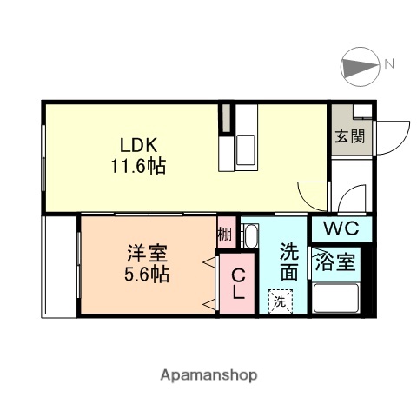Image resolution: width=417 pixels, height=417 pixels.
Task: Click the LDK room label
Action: (x=136, y=143)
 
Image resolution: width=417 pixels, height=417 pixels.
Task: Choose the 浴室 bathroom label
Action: (x=335, y=262)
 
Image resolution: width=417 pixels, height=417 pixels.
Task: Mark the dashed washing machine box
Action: (x=280, y=301)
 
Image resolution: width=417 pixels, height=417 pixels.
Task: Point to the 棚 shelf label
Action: (x=224, y=234)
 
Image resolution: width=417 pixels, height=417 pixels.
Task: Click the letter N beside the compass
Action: (x=391, y=63)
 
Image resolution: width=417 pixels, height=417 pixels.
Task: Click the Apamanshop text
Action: (x=208, y=375)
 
